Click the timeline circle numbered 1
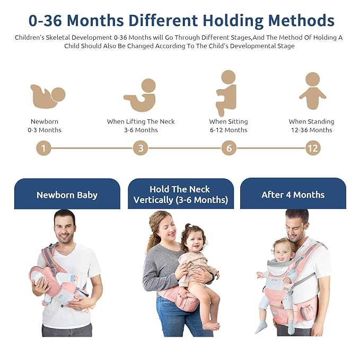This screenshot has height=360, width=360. tap(44, 148)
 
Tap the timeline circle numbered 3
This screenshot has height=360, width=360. tap(141, 148)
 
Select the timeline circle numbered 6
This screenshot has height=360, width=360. tap(229, 148)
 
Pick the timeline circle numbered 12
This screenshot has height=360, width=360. tap(313, 148)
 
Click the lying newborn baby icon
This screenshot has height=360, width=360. tap(47, 96)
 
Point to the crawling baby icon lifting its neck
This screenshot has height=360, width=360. tap(141, 95)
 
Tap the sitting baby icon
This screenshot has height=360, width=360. tap(226, 93)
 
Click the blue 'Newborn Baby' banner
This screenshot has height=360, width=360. tap(67, 195)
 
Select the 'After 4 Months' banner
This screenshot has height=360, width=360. tap(293, 195)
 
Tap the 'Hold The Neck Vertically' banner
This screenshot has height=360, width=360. tap(180, 195)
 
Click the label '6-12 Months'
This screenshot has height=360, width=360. tap(229, 130)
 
